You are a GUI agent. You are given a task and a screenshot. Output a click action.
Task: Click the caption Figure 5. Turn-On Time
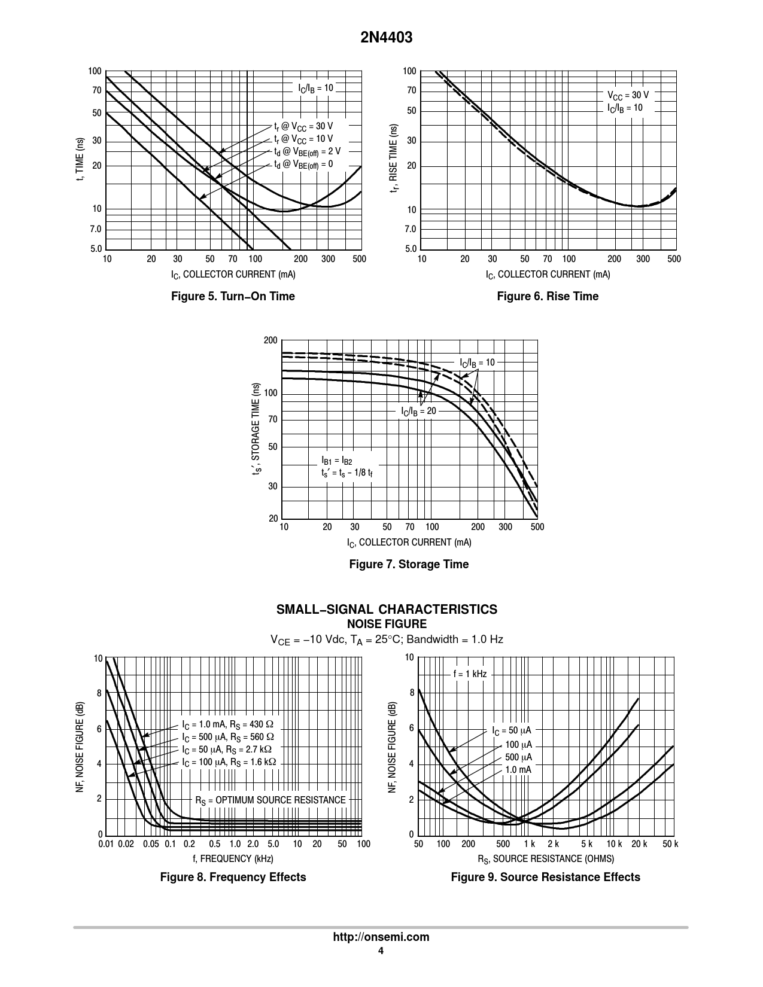pos(233,296)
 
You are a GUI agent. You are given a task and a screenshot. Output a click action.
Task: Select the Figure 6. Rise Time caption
pos(548,296)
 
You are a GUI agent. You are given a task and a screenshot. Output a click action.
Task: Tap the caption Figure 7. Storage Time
pos(409,564)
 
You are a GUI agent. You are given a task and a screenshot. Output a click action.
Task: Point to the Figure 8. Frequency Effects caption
pos(233,877)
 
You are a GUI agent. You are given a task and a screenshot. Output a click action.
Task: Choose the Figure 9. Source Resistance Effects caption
pos(545,877)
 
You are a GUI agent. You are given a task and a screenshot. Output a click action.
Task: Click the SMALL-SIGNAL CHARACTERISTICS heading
pos(386,610)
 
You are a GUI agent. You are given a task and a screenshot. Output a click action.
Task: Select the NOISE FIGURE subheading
pos(387,624)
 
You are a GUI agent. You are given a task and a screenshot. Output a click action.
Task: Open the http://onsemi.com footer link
pos(381,937)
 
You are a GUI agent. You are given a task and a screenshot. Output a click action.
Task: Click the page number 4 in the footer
pos(381,951)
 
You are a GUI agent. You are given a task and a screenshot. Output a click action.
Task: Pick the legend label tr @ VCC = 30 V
pos(303,127)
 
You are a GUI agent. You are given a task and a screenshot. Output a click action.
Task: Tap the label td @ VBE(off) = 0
pos(303,164)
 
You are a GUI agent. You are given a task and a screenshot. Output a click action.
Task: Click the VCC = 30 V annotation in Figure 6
pos(628,95)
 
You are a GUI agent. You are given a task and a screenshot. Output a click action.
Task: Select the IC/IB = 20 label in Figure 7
pos(418,412)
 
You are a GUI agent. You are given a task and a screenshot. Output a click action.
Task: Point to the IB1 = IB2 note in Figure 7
pos(337,461)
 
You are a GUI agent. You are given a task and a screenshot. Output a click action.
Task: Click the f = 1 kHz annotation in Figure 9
pos(470,674)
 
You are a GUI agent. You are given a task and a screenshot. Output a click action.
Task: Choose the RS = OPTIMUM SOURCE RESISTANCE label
pos(270,800)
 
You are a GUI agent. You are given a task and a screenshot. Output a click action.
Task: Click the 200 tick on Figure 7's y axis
pos(270,341)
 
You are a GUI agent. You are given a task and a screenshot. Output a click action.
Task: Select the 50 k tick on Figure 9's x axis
pos(670,844)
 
